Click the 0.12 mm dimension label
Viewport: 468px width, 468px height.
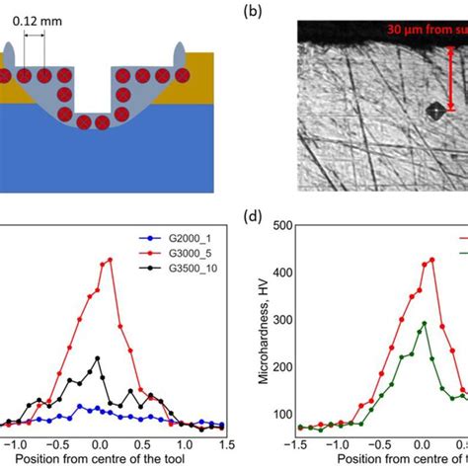[x=45, y=20]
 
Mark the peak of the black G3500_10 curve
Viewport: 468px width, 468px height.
[x=98, y=358]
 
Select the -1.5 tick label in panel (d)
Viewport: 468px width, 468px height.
[x=299, y=445]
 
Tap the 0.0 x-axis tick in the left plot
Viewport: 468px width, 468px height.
[x=98, y=445]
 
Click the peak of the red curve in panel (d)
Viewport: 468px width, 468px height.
[x=431, y=261]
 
